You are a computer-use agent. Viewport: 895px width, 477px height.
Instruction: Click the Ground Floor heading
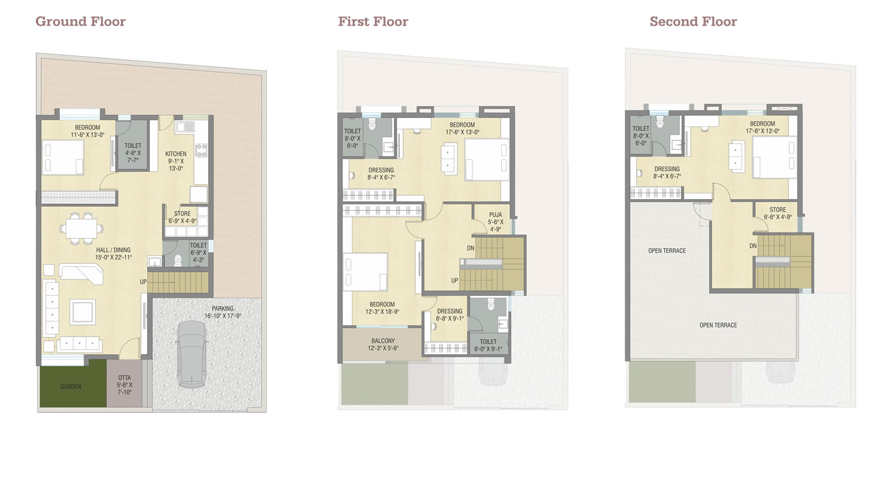(81, 21)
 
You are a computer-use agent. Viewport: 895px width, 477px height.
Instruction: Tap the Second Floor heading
(693, 21)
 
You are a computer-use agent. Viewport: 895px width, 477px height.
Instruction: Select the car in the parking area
(192, 354)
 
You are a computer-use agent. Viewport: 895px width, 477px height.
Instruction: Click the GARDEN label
(71, 386)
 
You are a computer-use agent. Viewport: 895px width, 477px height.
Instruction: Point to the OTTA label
(124, 377)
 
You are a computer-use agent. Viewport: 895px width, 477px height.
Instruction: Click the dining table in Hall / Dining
(81, 229)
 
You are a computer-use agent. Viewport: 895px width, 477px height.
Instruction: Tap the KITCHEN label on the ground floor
(176, 154)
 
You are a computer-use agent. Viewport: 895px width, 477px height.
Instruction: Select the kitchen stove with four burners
(201, 150)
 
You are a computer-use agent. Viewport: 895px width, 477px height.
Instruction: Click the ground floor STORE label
(182, 213)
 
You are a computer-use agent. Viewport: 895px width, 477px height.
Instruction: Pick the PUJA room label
(495, 215)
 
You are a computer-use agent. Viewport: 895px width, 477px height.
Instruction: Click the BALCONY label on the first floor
(383, 341)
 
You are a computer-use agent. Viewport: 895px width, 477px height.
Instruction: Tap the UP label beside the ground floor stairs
(143, 282)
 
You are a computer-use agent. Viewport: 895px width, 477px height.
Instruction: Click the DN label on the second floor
(753, 246)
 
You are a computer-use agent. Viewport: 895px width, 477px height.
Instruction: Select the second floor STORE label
(777, 209)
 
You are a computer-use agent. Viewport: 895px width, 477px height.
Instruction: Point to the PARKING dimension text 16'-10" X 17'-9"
(223, 316)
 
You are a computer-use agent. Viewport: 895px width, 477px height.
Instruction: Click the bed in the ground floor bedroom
(63, 157)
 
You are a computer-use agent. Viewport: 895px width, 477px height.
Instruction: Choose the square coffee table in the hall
(83, 312)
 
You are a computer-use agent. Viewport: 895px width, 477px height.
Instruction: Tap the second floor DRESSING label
(667, 169)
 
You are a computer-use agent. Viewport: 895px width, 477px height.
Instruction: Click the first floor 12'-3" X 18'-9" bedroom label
(382, 308)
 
